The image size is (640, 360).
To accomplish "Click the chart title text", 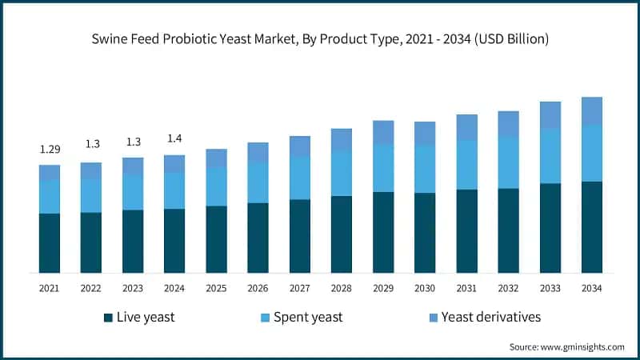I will [320, 38].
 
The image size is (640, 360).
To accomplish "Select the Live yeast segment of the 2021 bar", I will [50, 243].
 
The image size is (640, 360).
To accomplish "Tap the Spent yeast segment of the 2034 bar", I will [592, 153].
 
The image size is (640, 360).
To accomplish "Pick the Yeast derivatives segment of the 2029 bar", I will [383, 132].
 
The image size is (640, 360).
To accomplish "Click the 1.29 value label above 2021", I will [50, 150].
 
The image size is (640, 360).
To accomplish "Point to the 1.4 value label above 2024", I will [174, 139].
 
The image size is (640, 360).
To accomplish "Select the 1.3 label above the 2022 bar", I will [91, 144].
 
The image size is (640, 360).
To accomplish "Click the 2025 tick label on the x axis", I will [216, 288].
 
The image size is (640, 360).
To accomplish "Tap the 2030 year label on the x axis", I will [425, 288].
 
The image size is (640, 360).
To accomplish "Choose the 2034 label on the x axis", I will [592, 288].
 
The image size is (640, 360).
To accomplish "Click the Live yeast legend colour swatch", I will [108, 318].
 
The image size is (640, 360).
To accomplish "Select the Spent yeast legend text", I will [308, 318].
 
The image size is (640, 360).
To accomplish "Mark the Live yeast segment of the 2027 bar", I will [300, 236].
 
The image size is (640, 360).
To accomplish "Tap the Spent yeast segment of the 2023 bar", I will [133, 192].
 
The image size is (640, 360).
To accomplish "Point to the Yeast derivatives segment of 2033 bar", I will [550, 115].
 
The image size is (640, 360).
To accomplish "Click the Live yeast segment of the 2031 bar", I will [466, 231].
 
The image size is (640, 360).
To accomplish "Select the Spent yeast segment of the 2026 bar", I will [258, 182].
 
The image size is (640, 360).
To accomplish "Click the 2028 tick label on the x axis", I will [342, 288].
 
